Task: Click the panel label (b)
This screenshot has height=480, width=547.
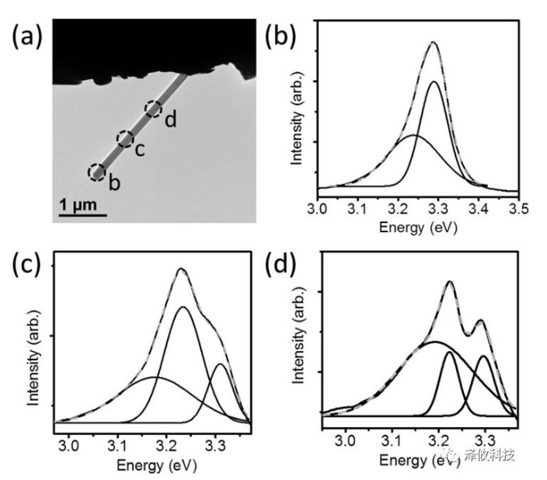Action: tap(281, 36)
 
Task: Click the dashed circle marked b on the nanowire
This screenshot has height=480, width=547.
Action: tap(97, 172)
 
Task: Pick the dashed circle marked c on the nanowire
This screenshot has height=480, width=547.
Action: tap(125, 139)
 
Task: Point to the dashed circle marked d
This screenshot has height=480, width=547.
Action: tap(154, 110)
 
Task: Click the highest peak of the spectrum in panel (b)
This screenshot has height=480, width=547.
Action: tap(433, 43)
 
